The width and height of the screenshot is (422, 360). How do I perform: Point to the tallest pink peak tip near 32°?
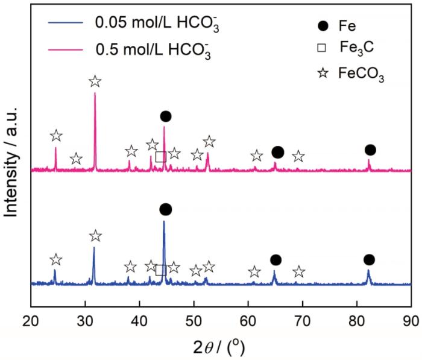tap(95, 93)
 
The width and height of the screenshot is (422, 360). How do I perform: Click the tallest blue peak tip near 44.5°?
tap(164, 221)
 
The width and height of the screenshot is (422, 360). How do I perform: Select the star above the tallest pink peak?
tap(95, 81)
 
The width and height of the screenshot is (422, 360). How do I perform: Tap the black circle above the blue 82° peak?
tap(369, 259)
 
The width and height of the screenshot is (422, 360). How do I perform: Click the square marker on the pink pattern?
tap(160, 157)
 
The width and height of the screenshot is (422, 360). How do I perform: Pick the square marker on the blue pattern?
tap(160, 270)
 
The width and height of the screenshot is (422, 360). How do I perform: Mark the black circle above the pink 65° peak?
tap(277, 152)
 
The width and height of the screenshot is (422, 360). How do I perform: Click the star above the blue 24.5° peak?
tap(55, 259)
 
